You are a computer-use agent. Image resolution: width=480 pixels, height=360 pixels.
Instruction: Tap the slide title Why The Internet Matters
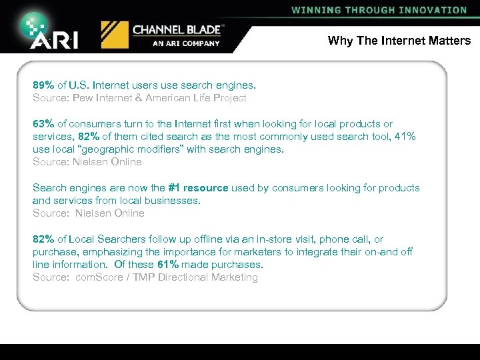[399, 41]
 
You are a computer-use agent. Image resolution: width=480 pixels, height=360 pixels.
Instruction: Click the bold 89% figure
[44, 85]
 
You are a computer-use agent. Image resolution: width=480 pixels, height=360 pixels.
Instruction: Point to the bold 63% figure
[44, 124]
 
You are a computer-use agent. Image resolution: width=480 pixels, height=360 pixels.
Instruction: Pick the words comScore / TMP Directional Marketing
[167, 277]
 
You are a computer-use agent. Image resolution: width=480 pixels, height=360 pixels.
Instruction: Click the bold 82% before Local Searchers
[44, 239]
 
